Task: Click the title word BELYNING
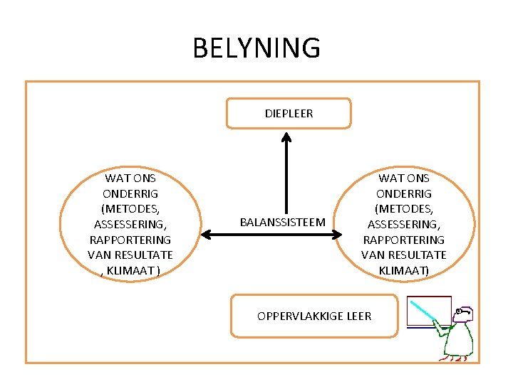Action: pyautogui.click(x=256, y=48)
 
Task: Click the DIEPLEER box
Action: pyautogui.click(x=289, y=113)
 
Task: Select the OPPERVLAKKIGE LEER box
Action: pyautogui.click(x=314, y=315)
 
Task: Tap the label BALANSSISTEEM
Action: pyautogui.click(x=282, y=222)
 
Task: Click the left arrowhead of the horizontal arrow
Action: pyautogui.click(x=206, y=235)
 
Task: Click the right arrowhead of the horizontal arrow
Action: pyautogui.click(x=339, y=235)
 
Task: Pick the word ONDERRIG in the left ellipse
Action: pyautogui.click(x=130, y=193)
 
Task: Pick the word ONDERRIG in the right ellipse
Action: pyautogui.click(x=403, y=193)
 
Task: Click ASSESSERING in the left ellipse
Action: pyautogui.click(x=130, y=224)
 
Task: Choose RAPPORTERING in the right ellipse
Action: pyautogui.click(x=403, y=240)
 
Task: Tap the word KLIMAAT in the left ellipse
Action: pyautogui.click(x=133, y=270)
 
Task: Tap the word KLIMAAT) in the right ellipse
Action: pyautogui.click(x=403, y=270)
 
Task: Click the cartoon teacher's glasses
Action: pyautogui.click(x=464, y=311)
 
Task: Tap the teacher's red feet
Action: pyautogui.click(x=452, y=359)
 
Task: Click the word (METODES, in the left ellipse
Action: pyautogui.click(x=130, y=209)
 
